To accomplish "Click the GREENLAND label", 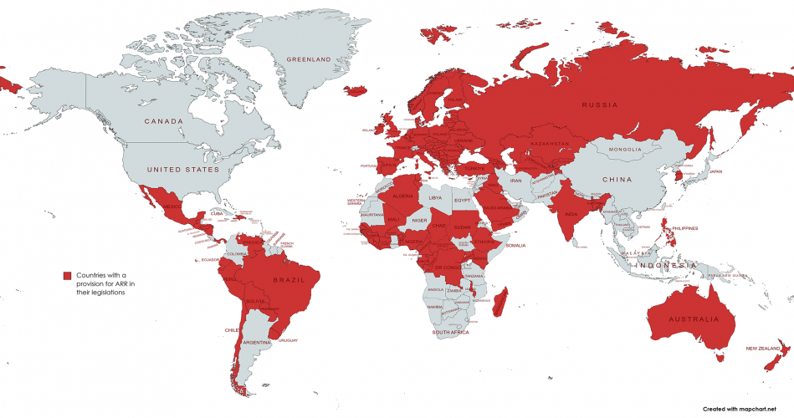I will [x=309, y=59].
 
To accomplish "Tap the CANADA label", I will [x=163, y=121].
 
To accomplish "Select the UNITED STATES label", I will [x=183, y=169].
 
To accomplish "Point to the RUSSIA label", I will [x=600, y=104].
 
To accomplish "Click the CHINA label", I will [x=617, y=180].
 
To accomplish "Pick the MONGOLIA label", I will [x=625, y=150].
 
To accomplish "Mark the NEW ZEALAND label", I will [x=764, y=348].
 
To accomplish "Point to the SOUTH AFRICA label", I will [x=450, y=332].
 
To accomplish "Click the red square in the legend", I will [x=67, y=275].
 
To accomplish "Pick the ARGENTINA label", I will [x=257, y=342].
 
